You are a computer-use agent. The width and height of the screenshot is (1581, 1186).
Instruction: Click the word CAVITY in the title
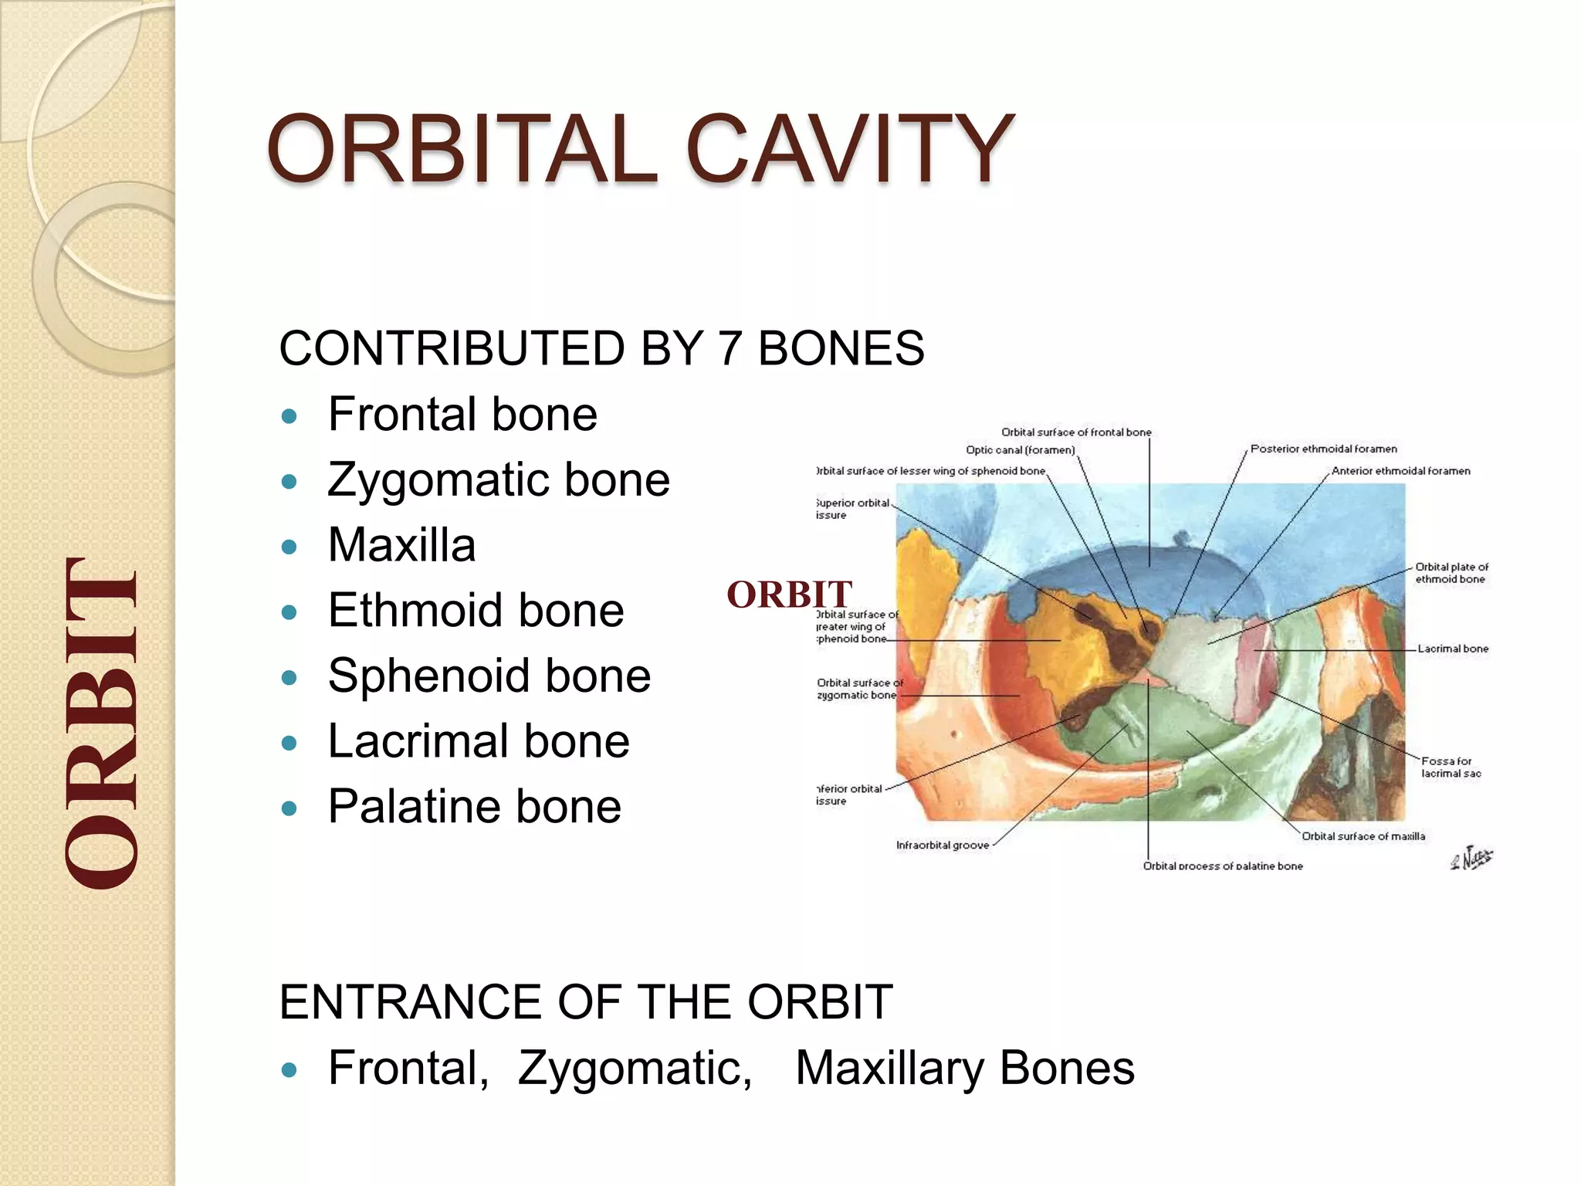point(849,148)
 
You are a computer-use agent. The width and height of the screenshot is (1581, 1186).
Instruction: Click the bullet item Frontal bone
point(462,415)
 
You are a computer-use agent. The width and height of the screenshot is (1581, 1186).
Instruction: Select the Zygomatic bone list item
point(498,479)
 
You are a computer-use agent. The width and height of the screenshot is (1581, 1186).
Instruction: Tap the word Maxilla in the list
point(401,545)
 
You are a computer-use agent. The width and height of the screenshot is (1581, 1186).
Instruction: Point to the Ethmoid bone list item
point(476,611)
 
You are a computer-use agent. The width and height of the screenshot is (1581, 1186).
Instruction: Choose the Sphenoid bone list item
point(489,676)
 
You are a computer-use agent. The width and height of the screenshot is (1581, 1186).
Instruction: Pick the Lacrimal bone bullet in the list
point(479,741)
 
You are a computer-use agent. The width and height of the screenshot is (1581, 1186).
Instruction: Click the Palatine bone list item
point(474,807)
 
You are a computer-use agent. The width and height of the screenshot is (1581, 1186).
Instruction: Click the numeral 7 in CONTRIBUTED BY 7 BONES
point(729,348)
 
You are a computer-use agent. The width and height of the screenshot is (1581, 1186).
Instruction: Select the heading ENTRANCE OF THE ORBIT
point(585,1002)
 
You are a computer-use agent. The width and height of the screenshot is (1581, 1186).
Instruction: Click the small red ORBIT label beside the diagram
point(789,595)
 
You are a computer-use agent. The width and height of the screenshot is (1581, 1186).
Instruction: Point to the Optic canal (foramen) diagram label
point(1020,450)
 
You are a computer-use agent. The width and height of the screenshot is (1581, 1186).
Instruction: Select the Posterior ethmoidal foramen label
point(1323,449)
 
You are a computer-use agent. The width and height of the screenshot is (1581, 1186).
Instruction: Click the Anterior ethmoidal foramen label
point(1400,471)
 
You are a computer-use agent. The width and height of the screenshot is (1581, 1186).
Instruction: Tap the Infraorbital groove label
point(942,845)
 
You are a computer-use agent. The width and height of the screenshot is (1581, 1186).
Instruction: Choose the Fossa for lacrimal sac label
point(1451,767)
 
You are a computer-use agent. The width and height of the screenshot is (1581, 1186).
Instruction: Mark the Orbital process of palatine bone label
point(1222,866)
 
